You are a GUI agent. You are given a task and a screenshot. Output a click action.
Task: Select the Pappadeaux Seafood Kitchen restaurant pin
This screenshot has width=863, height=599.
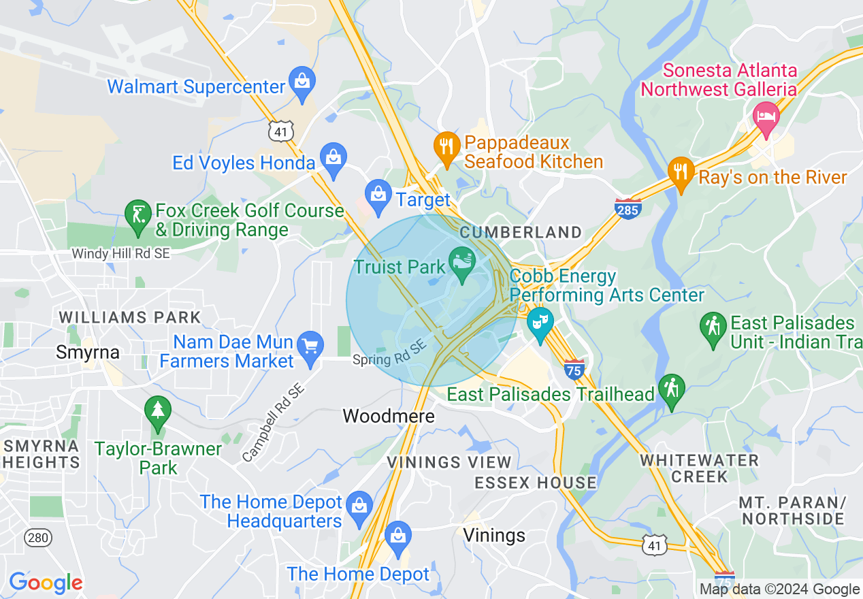tap(446, 146)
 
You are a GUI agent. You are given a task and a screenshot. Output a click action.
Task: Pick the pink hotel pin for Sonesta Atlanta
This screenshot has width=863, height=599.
tap(766, 114)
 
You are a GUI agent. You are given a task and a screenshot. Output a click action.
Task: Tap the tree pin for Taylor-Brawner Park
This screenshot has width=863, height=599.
tap(157, 410)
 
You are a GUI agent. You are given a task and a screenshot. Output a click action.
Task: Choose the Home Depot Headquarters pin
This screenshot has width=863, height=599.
tap(359, 506)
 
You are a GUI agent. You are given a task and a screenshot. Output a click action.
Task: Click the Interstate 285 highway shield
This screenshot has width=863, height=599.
tap(627, 209)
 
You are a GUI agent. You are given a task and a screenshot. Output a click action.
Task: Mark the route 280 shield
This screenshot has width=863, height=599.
tap(38, 538)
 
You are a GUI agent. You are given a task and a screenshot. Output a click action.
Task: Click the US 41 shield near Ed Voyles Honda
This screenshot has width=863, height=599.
tap(281, 131)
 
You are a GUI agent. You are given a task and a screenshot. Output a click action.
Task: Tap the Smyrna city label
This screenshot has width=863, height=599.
tap(88, 353)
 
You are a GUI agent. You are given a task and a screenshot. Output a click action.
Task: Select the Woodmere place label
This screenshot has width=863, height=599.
tap(389, 416)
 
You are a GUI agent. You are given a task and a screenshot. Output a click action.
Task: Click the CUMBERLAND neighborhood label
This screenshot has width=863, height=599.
tap(521, 233)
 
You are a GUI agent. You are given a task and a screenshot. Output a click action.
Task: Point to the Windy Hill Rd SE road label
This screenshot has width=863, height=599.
tap(121, 253)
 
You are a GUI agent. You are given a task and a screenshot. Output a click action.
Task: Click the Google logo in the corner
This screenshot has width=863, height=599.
tap(46, 583)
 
